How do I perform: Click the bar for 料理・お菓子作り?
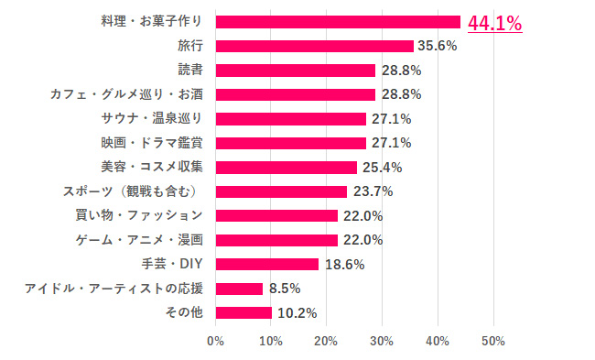pos(338,22)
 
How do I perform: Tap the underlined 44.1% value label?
pos(494,23)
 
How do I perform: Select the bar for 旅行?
pos(314,46)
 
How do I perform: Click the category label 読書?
pos(189,70)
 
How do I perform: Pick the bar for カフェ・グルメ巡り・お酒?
pos(296,94)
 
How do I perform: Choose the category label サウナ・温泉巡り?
pos(157,118)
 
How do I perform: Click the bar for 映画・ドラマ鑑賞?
pos(290,143)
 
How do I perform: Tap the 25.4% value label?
pos(382,168)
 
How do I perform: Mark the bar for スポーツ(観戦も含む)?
pos(281,191)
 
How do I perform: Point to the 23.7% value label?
pos(373,191)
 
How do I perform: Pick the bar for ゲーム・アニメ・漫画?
pos(276,240)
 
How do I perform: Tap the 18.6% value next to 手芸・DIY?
pos(344,264)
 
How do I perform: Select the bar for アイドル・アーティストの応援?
pos(239,289)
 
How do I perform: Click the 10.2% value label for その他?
pos(297,313)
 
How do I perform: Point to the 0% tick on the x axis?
pos(216,342)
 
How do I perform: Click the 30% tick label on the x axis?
pos(382,342)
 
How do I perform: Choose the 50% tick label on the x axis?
pos(493,342)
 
